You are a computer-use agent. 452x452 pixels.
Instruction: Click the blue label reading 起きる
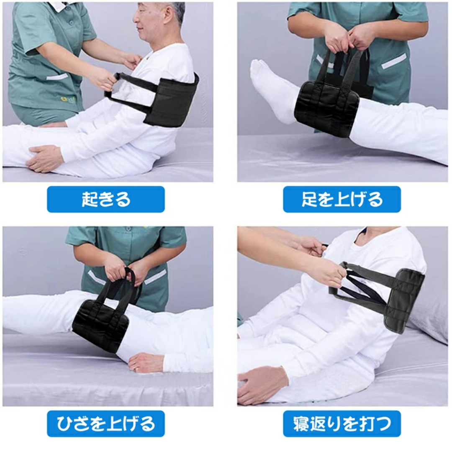[x=106, y=199]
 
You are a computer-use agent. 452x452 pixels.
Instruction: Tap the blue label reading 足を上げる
[x=342, y=199]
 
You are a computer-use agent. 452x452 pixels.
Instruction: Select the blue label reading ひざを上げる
[x=106, y=424]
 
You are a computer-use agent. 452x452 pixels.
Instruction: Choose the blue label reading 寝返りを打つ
[x=342, y=424]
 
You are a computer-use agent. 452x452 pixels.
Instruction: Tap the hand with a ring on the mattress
[x=146, y=363]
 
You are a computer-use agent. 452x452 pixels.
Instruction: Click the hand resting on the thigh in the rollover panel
[x=258, y=383]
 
